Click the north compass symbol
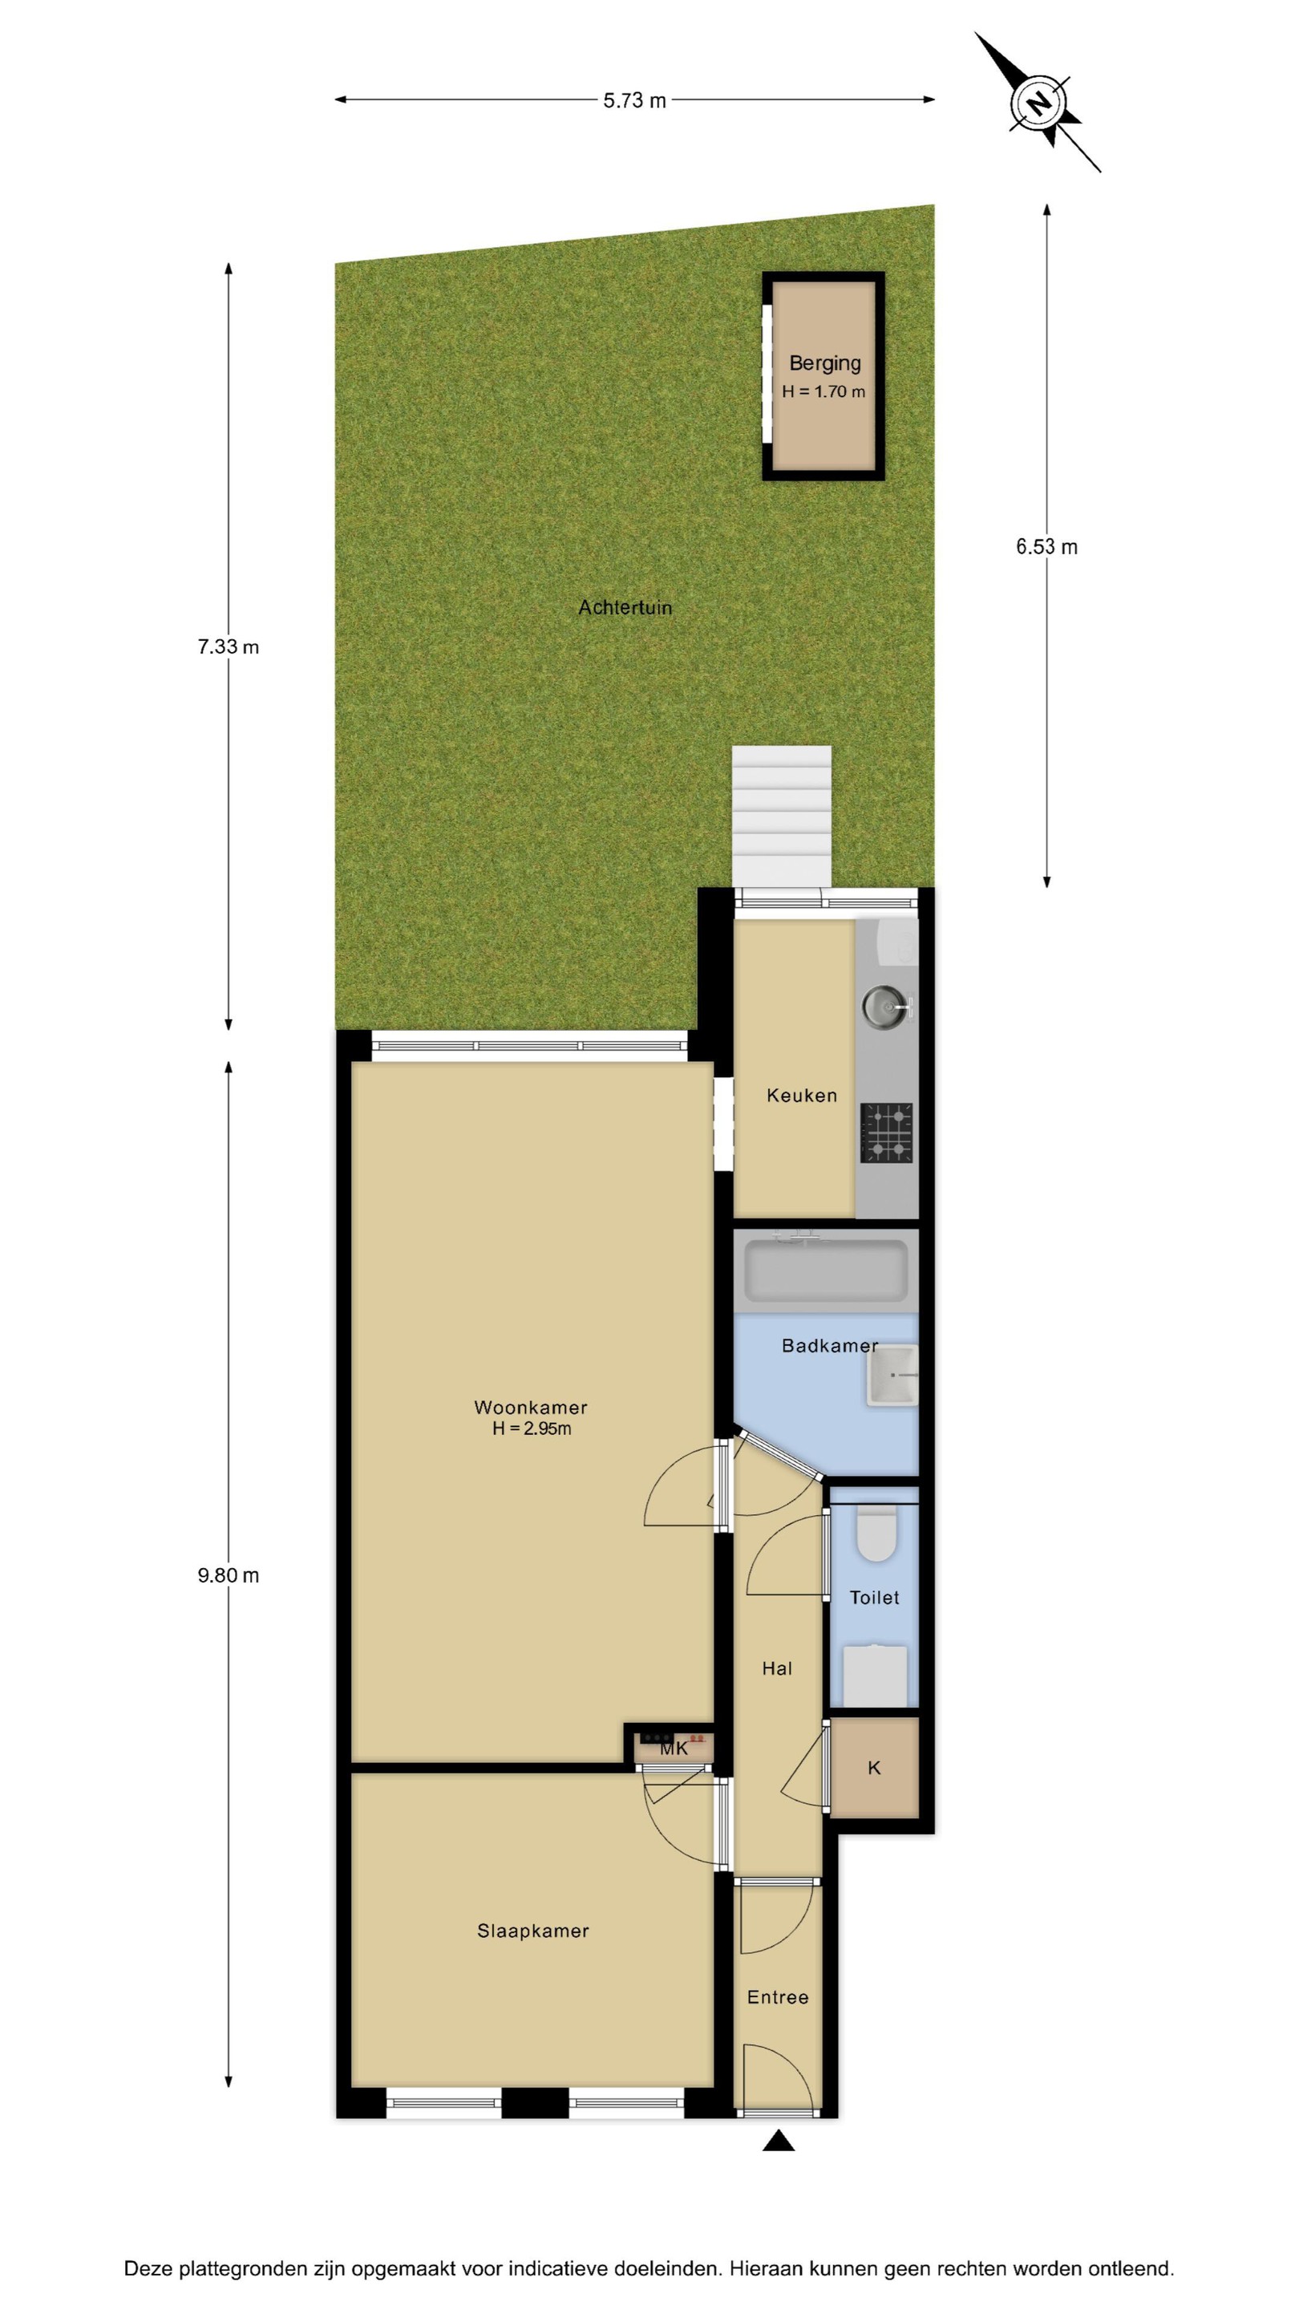(x=1038, y=103)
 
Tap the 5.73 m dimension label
(x=635, y=100)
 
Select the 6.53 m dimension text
(x=1046, y=547)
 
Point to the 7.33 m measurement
(x=229, y=646)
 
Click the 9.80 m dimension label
(x=229, y=1575)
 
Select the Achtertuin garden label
(x=625, y=608)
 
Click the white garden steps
(x=781, y=816)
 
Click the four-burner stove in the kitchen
(x=887, y=1133)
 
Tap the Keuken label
(x=802, y=1095)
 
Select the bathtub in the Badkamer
(x=826, y=1270)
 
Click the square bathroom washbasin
(x=892, y=1375)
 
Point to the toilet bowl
(x=876, y=1534)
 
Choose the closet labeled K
(x=874, y=1768)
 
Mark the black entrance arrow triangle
(x=778, y=2142)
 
